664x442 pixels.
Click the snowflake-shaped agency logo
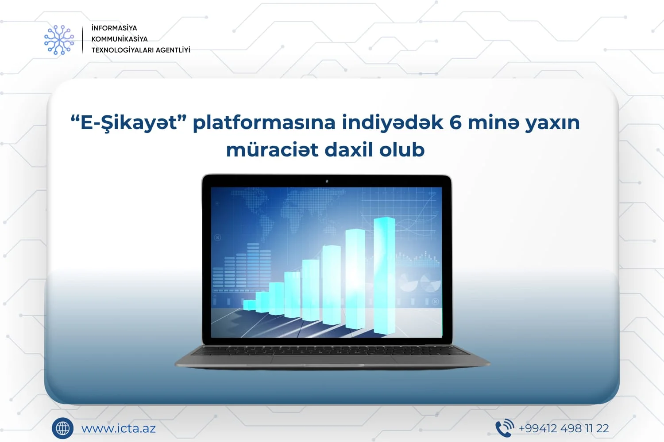(x=59, y=40)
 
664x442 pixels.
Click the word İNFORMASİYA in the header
(x=114, y=28)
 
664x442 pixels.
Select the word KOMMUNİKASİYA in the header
(x=120, y=39)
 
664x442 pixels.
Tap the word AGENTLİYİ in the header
(x=173, y=50)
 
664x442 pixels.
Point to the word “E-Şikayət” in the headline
(x=128, y=122)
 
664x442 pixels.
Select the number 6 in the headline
(x=456, y=122)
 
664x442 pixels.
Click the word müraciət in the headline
(x=272, y=150)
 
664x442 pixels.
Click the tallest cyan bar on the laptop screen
(x=385, y=276)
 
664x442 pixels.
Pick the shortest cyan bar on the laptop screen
(x=249, y=305)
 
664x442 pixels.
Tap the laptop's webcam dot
(x=327, y=181)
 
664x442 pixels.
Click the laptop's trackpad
(x=332, y=359)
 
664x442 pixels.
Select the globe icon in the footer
(x=62, y=428)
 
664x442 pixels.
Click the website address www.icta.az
(x=119, y=428)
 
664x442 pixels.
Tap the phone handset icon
(x=505, y=428)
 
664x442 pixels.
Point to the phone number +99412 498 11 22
(x=564, y=428)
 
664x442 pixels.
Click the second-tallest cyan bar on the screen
(x=355, y=279)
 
